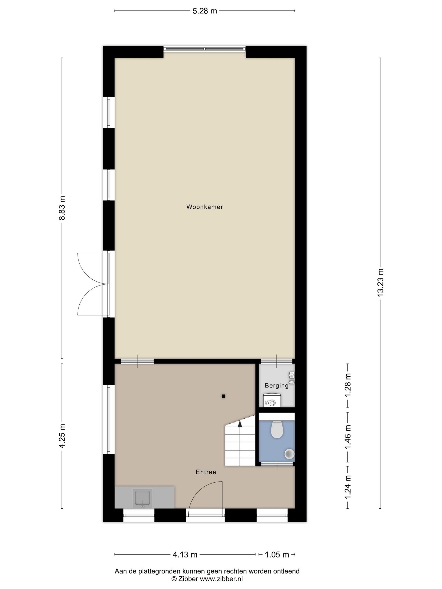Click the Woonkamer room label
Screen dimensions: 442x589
point(204,207)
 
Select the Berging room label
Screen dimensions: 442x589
point(277,385)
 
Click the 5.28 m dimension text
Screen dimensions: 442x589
point(205,11)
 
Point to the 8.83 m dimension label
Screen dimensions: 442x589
point(62,208)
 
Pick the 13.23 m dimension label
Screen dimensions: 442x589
point(380,283)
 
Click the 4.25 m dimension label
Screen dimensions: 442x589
point(62,436)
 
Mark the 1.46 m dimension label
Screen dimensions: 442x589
point(348,437)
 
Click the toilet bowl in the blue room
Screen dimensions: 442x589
point(277,429)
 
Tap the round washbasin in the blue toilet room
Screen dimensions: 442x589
point(289,454)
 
